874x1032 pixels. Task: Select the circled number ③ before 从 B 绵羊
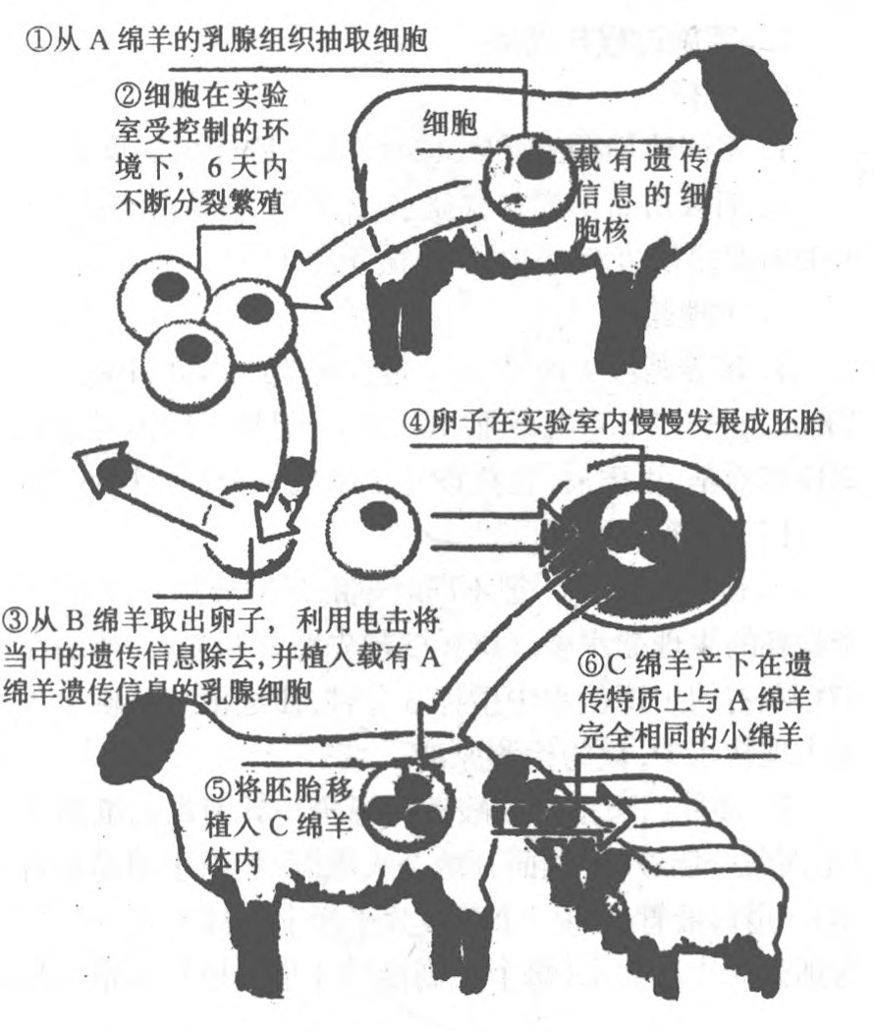tap(15, 619)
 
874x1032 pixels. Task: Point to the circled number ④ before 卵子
tap(415, 422)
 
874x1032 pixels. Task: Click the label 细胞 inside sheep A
tap(450, 123)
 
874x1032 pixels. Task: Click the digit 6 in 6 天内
tap(214, 167)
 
